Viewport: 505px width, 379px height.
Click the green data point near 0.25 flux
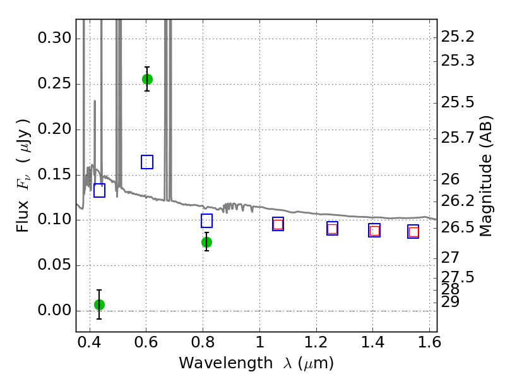coord(147,79)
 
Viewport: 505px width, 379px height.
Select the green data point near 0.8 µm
coord(206,242)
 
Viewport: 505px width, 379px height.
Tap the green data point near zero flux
coord(99,304)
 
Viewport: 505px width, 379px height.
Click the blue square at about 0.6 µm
coord(147,162)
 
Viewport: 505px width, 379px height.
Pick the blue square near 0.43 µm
coord(99,190)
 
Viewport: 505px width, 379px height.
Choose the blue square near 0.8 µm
coord(206,220)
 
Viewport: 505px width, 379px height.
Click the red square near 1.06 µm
coord(278,224)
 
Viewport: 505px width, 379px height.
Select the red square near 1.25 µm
coord(332,229)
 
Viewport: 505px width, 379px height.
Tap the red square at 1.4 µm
coord(374,231)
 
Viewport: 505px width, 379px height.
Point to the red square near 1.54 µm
coord(413,232)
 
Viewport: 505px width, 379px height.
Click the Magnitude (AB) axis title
coord(486,176)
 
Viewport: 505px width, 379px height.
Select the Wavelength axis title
coord(256,363)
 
